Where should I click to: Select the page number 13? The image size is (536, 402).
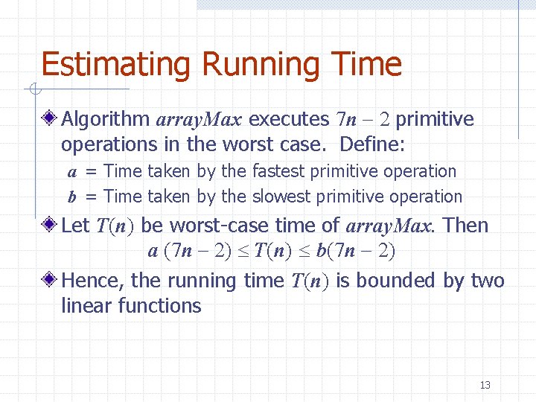pos(485,385)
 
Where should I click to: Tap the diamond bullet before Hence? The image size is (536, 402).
pos(50,281)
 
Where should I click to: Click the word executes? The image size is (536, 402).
pos(289,119)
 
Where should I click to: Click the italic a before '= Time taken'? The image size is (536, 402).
pos(72,172)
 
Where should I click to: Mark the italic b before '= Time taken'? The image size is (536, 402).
pos(72,197)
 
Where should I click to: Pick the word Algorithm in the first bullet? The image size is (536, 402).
pos(106,119)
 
